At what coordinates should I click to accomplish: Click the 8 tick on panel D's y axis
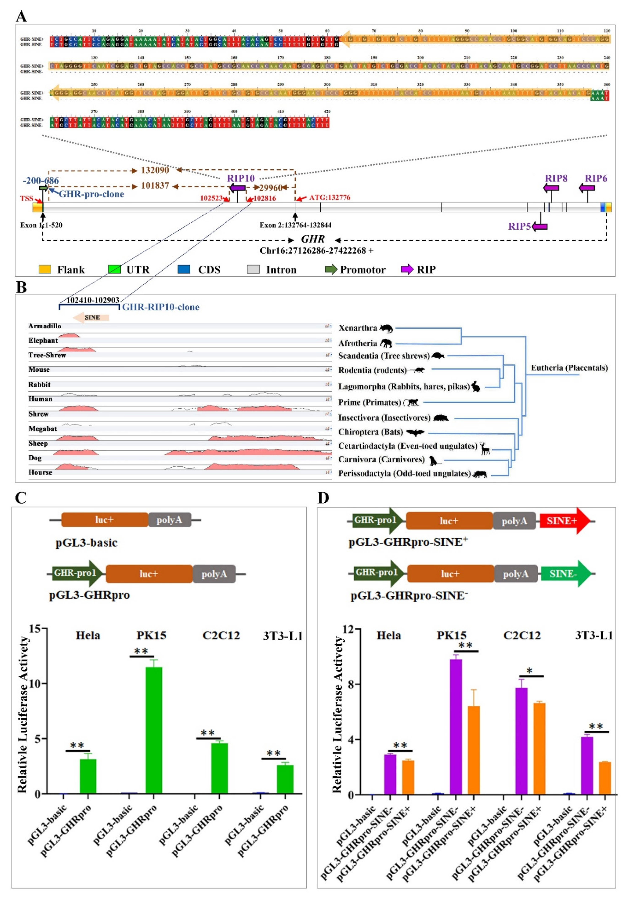(x=351, y=684)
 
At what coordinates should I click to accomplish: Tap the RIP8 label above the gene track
(x=556, y=178)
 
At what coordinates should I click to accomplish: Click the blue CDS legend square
(x=184, y=269)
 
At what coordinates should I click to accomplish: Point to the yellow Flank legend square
(x=45, y=269)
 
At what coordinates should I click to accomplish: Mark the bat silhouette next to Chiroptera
(x=415, y=432)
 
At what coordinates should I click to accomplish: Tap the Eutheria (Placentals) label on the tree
(x=569, y=368)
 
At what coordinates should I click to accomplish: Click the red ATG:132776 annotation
(x=330, y=197)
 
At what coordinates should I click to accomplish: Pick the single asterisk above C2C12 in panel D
(x=529, y=671)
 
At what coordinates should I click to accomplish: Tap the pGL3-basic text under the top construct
(x=86, y=543)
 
